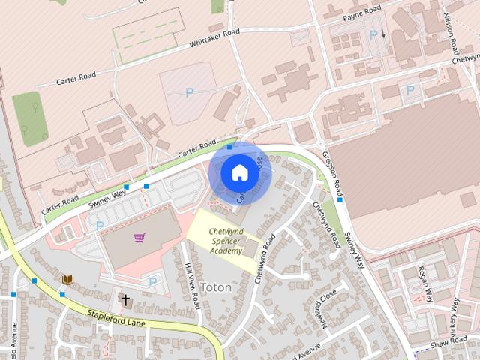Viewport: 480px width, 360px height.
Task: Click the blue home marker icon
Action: pos(239,173)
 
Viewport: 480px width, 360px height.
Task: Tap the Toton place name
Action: pos(216,287)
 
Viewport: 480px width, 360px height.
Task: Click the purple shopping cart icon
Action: pos(139,238)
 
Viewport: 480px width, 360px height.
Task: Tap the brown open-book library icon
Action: pos(68,280)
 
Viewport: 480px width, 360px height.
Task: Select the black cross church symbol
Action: pos(125,301)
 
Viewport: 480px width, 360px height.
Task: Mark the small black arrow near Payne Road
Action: pos(383,34)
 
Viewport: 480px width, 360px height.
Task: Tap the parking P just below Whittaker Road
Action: pos(188,93)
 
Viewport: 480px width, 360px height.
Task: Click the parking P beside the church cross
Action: pos(154,281)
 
